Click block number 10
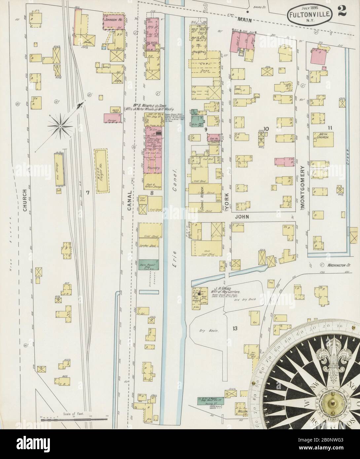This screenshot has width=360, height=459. pyautogui.click(x=266, y=129)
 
